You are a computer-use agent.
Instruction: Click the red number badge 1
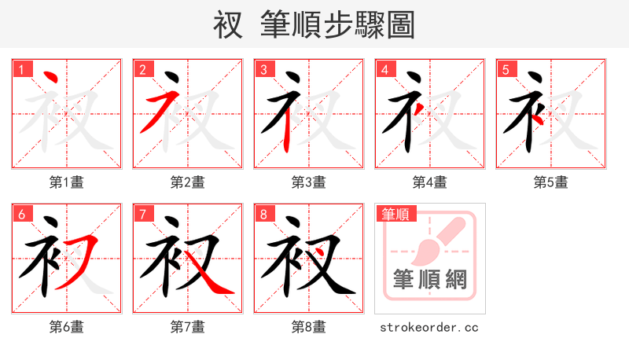click(20, 69)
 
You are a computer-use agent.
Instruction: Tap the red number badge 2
click(142, 69)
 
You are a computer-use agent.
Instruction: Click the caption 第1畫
click(66, 182)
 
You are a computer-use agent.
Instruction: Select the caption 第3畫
click(308, 182)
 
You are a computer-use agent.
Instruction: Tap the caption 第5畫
click(550, 182)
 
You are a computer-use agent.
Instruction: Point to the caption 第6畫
click(66, 327)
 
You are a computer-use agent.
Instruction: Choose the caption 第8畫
click(308, 327)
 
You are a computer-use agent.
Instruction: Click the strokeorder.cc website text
click(429, 327)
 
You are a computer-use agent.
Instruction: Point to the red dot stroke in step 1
click(50, 79)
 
